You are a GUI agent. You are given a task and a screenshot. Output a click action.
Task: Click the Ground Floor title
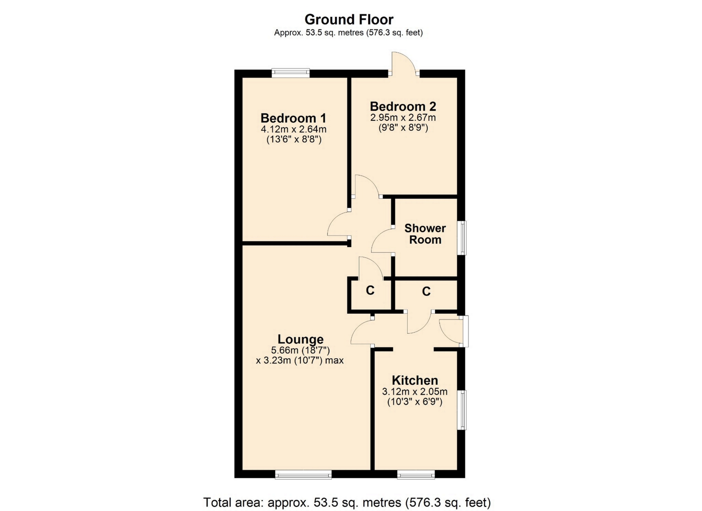point(349,19)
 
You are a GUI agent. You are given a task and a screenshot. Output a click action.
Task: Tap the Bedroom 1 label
point(293,118)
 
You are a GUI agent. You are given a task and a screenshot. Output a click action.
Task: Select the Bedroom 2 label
point(403,107)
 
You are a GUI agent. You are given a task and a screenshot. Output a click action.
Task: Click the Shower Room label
point(425,234)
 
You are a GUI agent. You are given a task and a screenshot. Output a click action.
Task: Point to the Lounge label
point(301,339)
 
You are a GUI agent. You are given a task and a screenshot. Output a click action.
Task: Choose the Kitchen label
point(415,380)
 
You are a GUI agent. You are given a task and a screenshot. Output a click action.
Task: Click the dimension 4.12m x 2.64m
point(293,129)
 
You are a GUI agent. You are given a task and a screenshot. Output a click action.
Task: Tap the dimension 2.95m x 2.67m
point(403,118)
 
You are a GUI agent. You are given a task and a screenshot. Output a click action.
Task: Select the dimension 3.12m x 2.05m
point(415,392)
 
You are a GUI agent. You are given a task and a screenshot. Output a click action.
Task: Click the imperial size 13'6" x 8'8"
point(294,139)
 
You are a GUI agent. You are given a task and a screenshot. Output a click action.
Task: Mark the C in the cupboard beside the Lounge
point(370,290)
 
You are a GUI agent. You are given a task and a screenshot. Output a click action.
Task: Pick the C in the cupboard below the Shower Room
point(426,291)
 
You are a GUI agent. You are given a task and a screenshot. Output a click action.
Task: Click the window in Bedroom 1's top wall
point(291,73)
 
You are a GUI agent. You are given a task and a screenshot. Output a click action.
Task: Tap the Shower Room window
point(462,238)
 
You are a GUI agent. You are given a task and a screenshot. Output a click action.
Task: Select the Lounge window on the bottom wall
point(303,474)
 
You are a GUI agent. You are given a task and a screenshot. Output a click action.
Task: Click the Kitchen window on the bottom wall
point(416,474)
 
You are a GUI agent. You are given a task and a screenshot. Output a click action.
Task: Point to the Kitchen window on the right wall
point(462,410)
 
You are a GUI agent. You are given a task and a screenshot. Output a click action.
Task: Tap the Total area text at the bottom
point(347,502)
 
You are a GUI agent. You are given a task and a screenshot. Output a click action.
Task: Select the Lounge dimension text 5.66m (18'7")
point(301,350)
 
